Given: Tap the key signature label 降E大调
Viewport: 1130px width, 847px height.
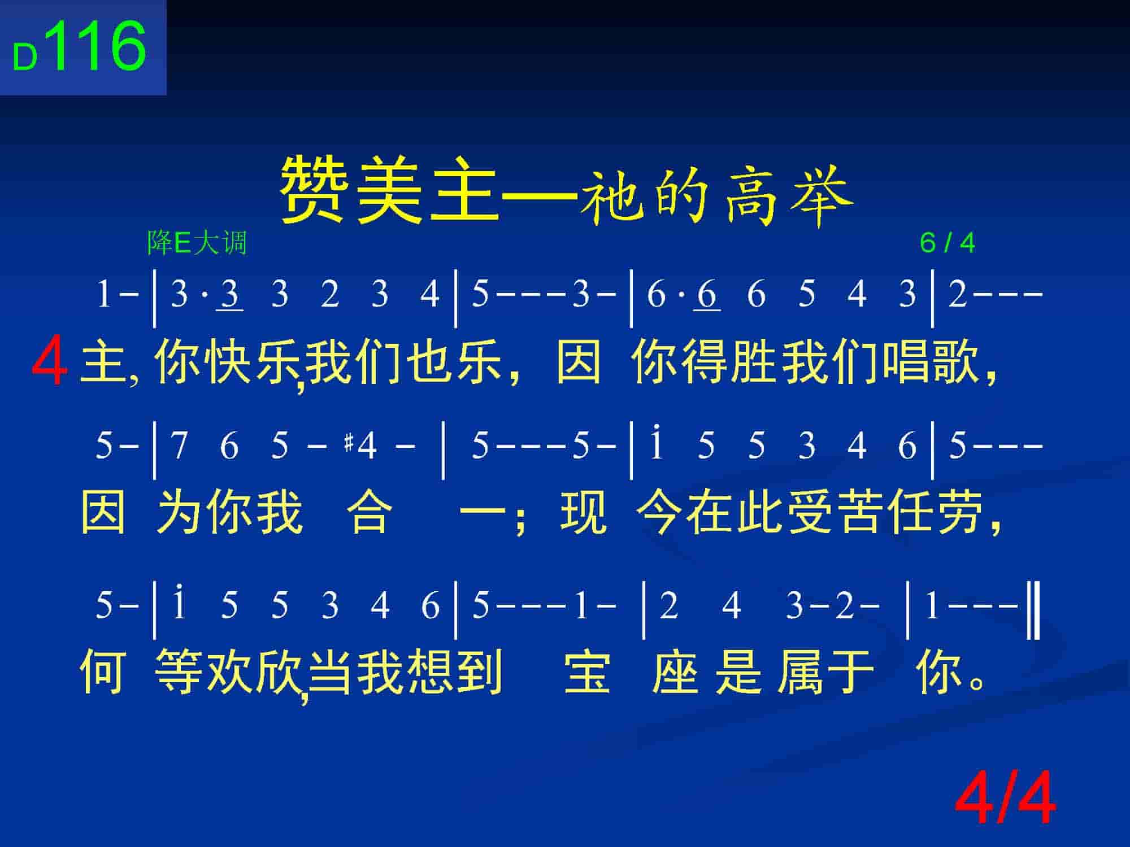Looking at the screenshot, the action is [x=197, y=243].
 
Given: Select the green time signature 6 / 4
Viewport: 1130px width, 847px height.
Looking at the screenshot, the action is [x=948, y=243].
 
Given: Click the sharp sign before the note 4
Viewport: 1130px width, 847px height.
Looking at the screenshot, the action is [x=349, y=444].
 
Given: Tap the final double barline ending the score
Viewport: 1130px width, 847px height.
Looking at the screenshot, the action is [x=1034, y=613].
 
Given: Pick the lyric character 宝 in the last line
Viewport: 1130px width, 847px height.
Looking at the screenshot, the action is [x=588, y=671].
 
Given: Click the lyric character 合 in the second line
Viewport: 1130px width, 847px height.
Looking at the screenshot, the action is [x=370, y=512].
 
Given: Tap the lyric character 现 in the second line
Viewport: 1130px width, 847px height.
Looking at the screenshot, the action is [x=584, y=512].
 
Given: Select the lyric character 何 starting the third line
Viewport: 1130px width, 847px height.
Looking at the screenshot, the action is [x=103, y=671].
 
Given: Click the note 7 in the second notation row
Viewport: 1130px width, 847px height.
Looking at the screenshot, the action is [x=179, y=446].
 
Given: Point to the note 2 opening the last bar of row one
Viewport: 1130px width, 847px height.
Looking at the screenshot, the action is [x=958, y=294].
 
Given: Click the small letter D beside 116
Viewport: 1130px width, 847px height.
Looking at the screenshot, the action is [x=25, y=58].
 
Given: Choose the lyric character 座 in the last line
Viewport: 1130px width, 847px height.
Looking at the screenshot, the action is [x=675, y=671].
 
